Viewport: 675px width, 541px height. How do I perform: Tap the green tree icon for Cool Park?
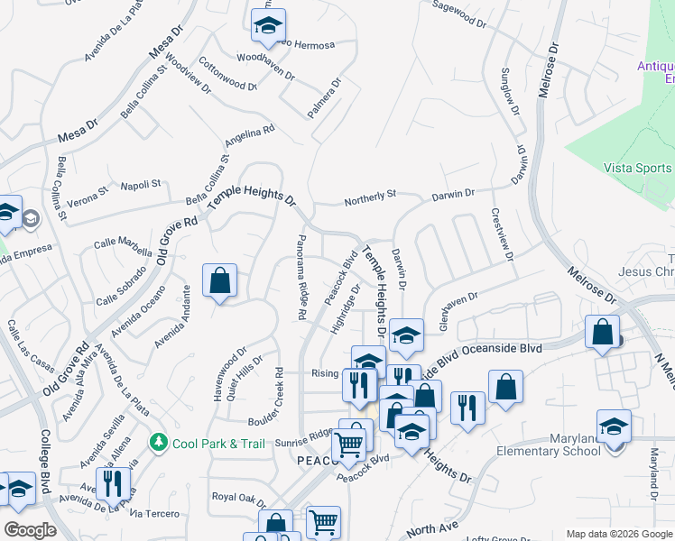coord(159,443)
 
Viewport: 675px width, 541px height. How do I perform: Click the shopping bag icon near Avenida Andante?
coord(219,282)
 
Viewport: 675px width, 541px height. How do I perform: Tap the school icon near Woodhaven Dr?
coord(268,28)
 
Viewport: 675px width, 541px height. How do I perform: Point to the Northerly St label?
coord(370,198)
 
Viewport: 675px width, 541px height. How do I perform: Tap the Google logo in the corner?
coord(30,530)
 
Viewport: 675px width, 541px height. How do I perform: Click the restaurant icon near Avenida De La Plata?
coord(113,485)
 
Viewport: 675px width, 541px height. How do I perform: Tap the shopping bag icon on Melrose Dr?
coord(602,333)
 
